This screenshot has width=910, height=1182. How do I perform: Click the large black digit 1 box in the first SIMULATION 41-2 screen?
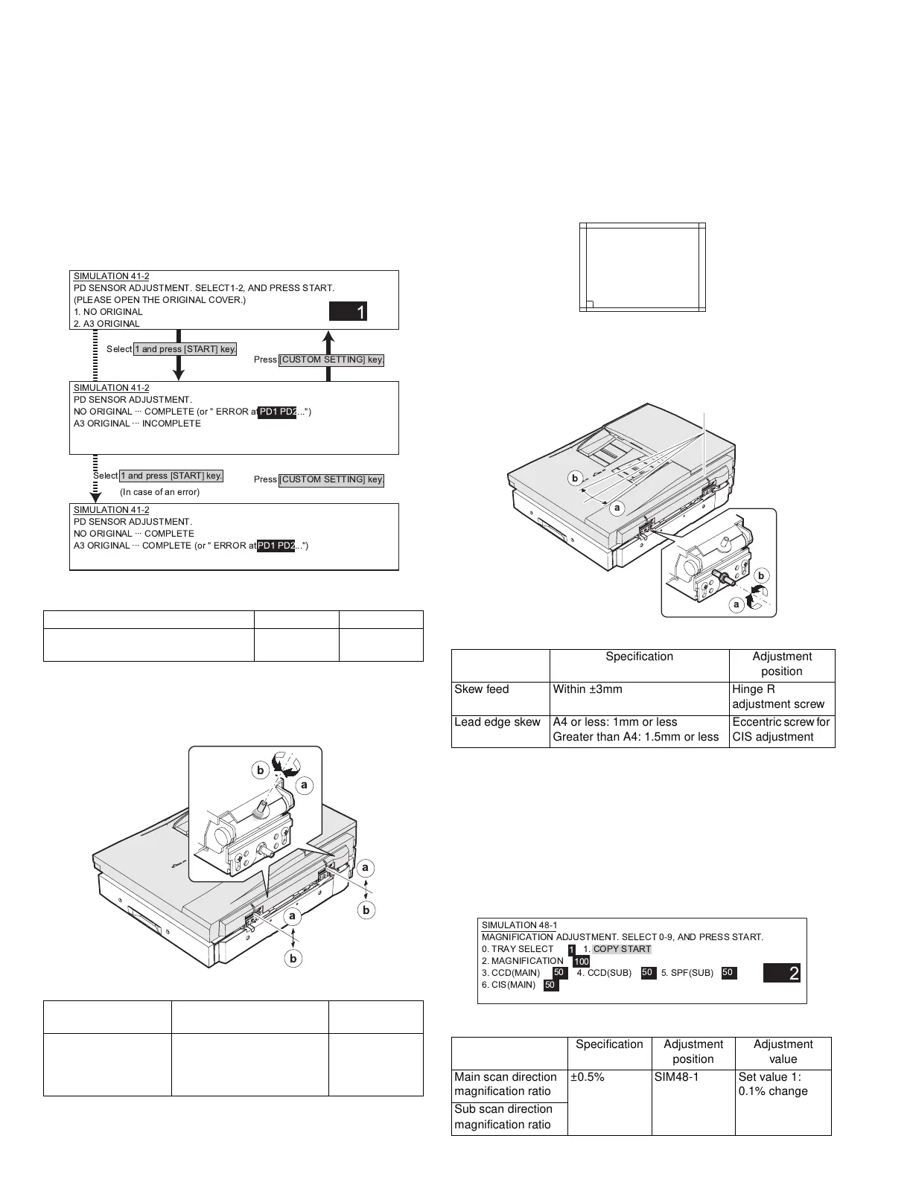click(349, 313)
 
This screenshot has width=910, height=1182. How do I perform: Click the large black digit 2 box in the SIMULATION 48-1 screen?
click(782, 973)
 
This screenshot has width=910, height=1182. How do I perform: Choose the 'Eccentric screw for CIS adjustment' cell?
click(781, 729)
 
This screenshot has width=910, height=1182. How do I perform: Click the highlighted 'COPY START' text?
click(622, 949)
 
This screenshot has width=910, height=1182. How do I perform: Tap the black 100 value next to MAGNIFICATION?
click(581, 962)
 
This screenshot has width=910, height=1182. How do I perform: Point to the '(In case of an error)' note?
click(160, 492)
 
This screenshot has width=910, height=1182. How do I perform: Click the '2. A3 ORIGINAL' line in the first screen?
click(107, 324)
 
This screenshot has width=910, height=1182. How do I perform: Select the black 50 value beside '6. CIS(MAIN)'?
click(550, 985)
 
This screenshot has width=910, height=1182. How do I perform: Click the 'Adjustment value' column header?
click(783, 1052)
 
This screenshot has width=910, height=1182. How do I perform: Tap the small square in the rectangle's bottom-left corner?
click(588, 304)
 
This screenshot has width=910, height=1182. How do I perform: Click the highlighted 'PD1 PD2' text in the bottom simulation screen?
click(276, 546)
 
